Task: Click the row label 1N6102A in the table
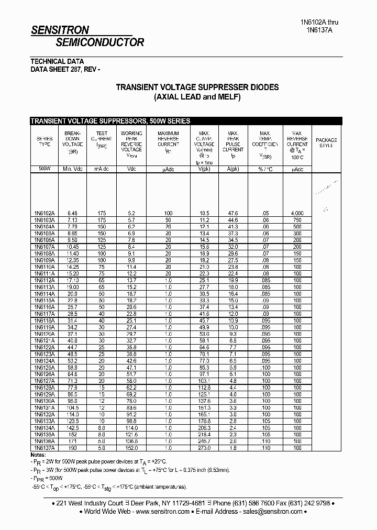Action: pos(44,213)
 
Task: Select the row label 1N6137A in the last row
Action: pos(44,448)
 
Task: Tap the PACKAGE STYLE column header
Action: pos(326,142)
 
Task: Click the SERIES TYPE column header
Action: pos(44,141)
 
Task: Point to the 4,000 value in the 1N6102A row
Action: pos(297,213)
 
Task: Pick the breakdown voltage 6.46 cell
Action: pos(72,213)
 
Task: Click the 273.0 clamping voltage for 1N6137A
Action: pos(204,448)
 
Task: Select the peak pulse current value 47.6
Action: pos(232,213)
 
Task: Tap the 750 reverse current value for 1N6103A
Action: pos(297,220)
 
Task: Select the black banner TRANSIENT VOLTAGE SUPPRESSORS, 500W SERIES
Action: pos(110,121)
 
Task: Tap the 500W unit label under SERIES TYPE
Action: pos(44,169)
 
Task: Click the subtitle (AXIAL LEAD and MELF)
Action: pos(197,97)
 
